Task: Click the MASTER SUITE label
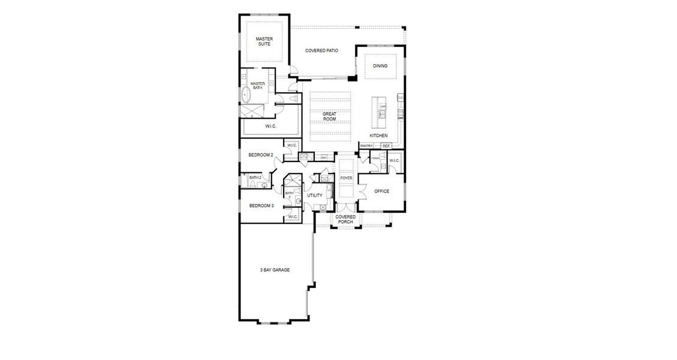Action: (264, 41)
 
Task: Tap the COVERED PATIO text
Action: (321, 51)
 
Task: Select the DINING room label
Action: (380, 66)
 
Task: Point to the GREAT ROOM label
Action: (329, 116)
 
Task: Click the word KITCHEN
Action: (378, 136)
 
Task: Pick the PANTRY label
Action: (366, 146)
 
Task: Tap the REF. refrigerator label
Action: (386, 146)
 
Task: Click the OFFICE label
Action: (381, 191)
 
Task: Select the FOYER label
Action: (346, 178)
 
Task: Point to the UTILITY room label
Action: (314, 196)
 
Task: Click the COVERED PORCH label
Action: (345, 220)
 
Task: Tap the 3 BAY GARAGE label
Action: (275, 270)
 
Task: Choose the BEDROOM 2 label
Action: (261, 155)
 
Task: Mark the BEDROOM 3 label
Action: (261, 206)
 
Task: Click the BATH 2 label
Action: (255, 178)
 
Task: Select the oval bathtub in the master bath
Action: (246, 95)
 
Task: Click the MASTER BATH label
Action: (257, 86)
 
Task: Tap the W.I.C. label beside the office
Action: (394, 161)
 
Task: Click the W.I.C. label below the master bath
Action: (270, 127)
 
